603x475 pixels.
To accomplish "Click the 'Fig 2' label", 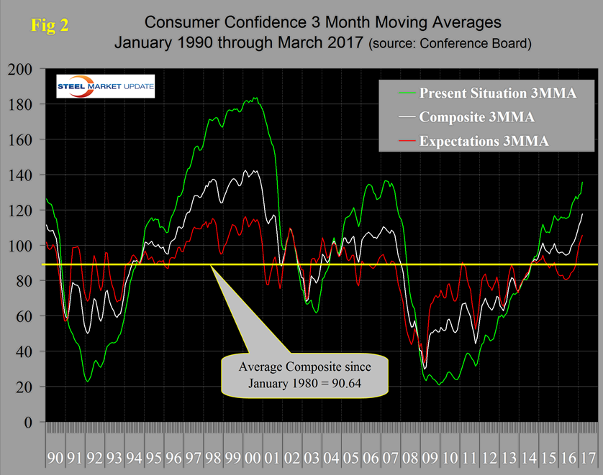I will (50, 27).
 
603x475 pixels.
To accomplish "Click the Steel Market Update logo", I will (105, 89).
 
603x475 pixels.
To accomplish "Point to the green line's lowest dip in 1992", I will (88, 381).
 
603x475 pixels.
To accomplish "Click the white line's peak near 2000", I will (253, 170).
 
